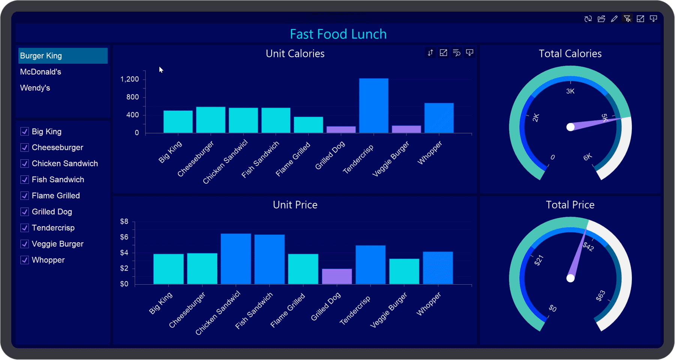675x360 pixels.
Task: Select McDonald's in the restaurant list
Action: click(40, 72)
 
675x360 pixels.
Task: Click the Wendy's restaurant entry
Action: click(35, 88)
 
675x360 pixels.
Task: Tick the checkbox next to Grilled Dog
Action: click(25, 212)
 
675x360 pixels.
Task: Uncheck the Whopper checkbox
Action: click(25, 260)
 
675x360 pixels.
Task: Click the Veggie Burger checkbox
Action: click(25, 244)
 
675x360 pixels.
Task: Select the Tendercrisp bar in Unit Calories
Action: click(373, 106)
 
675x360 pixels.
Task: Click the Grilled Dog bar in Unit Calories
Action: click(341, 130)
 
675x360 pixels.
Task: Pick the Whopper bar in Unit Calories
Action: click(439, 118)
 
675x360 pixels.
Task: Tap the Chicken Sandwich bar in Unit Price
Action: click(235, 259)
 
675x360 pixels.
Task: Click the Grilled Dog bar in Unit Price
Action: click(337, 276)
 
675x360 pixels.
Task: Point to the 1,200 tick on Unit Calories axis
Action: click(130, 79)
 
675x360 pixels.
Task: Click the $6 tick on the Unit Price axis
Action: click(124, 237)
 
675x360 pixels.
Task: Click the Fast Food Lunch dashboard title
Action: click(338, 34)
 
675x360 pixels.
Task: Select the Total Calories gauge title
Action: click(570, 54)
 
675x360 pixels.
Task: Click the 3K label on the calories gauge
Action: click(570, 91)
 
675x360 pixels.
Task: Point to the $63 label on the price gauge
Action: click(600, 296)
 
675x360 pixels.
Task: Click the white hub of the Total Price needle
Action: click(570, 278)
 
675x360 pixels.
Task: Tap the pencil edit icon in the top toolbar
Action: click(614, 19)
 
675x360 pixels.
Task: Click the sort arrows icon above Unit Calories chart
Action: click(430, 53)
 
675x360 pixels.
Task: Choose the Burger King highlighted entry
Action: click(41, 56)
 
